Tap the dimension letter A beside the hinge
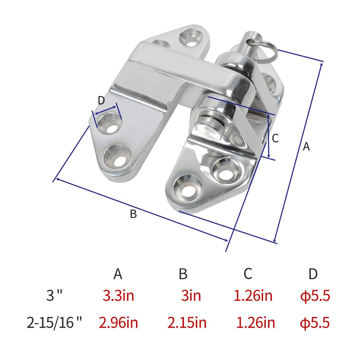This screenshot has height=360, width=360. tap(306, 146)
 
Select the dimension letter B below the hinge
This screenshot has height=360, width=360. tap(133, 214)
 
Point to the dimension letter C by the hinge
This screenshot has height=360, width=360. tap(276, 138)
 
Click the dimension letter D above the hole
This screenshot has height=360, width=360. tap(101, 99)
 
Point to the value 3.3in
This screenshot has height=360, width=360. tap(118, 296)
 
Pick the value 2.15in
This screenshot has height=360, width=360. tap(187, 323)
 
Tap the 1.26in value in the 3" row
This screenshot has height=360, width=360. tap(253, 296)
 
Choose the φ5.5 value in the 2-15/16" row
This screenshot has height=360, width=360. tap(315, 323)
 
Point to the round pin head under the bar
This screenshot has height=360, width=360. tap(208, 121)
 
